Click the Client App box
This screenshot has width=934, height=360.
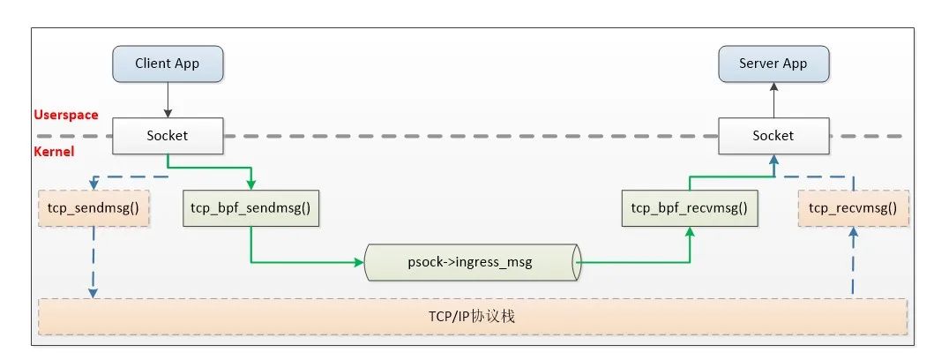click(x=168, y=64)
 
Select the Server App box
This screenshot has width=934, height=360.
click(x=773, y=64)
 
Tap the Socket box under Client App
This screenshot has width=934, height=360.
click(x=168, y=136)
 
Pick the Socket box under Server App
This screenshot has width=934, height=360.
click(x=773, y=136)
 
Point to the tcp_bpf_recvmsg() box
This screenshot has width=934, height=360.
click(x=690, y=209)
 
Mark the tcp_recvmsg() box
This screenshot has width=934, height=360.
click(x=852, y=209)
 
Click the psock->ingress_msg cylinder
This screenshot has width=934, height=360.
click(x=473, y=262)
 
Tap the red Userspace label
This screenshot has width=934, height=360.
click(x=65, y=115)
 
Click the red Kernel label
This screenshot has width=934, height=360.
click(x=55, y=152)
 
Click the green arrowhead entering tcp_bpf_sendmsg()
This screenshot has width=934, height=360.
click(x=250, y=185)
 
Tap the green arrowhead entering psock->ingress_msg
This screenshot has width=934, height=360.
click(x=360, y=262)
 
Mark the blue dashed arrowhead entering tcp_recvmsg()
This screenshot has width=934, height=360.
click(x=853, y=232)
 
